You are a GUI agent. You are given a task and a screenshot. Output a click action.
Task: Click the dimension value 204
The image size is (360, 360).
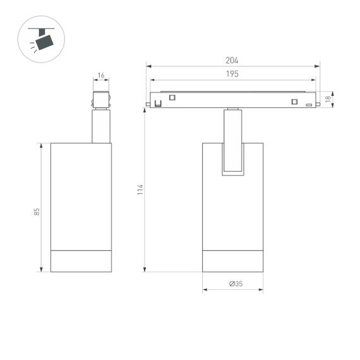click(232, 61)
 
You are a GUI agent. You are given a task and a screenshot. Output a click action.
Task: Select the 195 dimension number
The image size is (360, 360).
click(232, 75)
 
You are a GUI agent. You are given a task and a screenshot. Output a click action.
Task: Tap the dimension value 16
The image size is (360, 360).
click(101, 75)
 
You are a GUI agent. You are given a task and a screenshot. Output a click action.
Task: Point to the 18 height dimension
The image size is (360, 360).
click(328, 99)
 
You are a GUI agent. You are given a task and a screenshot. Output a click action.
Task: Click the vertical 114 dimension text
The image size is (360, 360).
click(140, 189)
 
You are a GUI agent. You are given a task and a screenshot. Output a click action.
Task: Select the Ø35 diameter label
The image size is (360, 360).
click(236, 284)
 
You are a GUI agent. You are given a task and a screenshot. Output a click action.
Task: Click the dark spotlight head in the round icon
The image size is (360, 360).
click(44, 42)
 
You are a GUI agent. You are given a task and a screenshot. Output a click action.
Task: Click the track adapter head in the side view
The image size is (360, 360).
click(101, 100)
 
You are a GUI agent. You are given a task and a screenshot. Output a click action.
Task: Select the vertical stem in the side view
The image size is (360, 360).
click(101, 126)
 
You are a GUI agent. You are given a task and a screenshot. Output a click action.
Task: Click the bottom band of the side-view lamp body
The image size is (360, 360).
click(81, 261)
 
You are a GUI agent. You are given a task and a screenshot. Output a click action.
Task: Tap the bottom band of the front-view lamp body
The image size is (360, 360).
click(233, 261)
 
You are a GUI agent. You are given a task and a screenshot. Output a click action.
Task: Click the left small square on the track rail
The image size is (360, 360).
click(172, 97)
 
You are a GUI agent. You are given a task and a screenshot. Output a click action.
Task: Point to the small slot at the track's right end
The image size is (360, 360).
click(309, 105)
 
